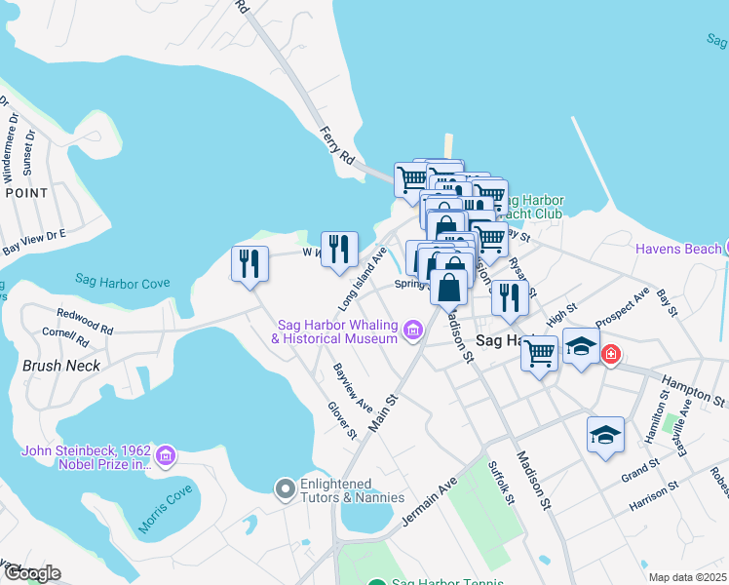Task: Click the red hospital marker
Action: (x=611, y=353)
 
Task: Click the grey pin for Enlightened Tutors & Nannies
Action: (x=285, y=487)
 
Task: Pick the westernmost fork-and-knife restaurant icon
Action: (x=249, y=264)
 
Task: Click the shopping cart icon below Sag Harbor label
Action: (x=539, y=354)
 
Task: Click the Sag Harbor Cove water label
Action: (x=123, y=283)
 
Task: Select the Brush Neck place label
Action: (x=60, y=367)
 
